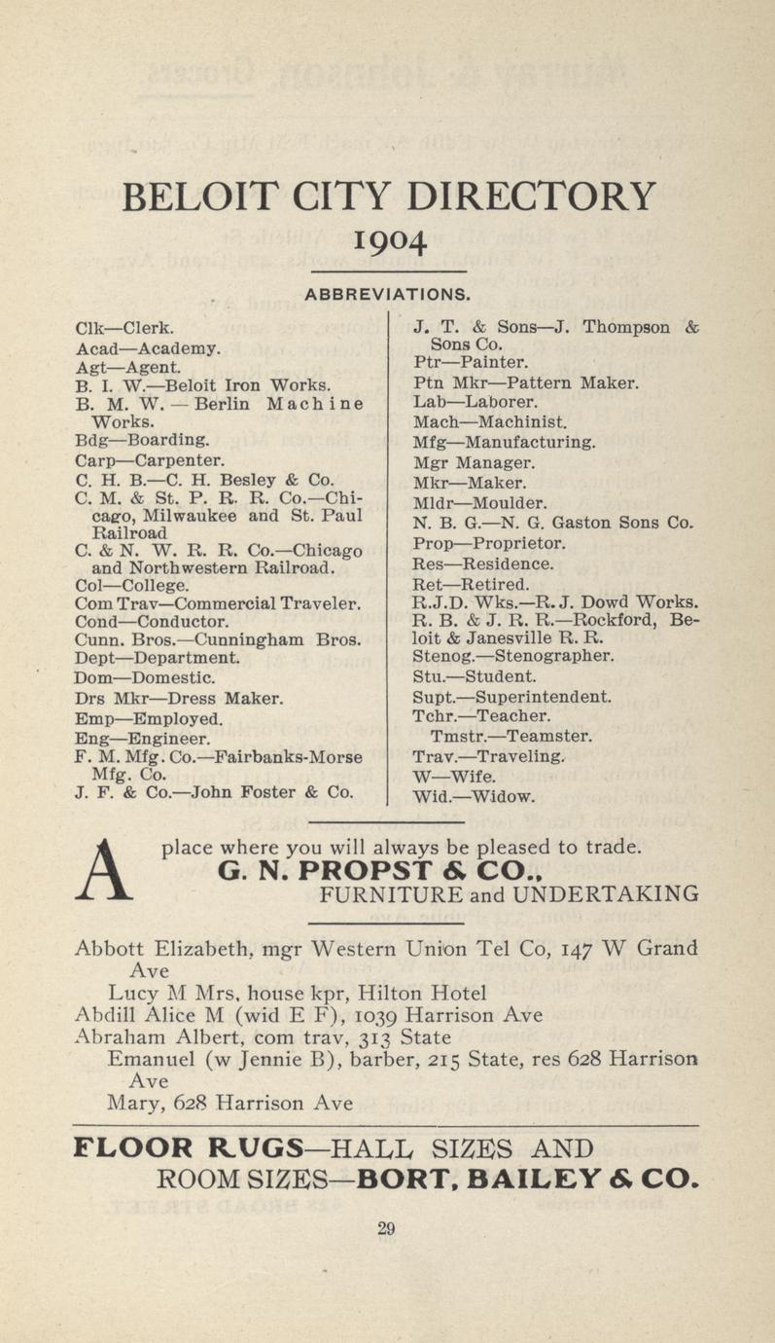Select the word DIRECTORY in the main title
(531, 198)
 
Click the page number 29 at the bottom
(386, 1229)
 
